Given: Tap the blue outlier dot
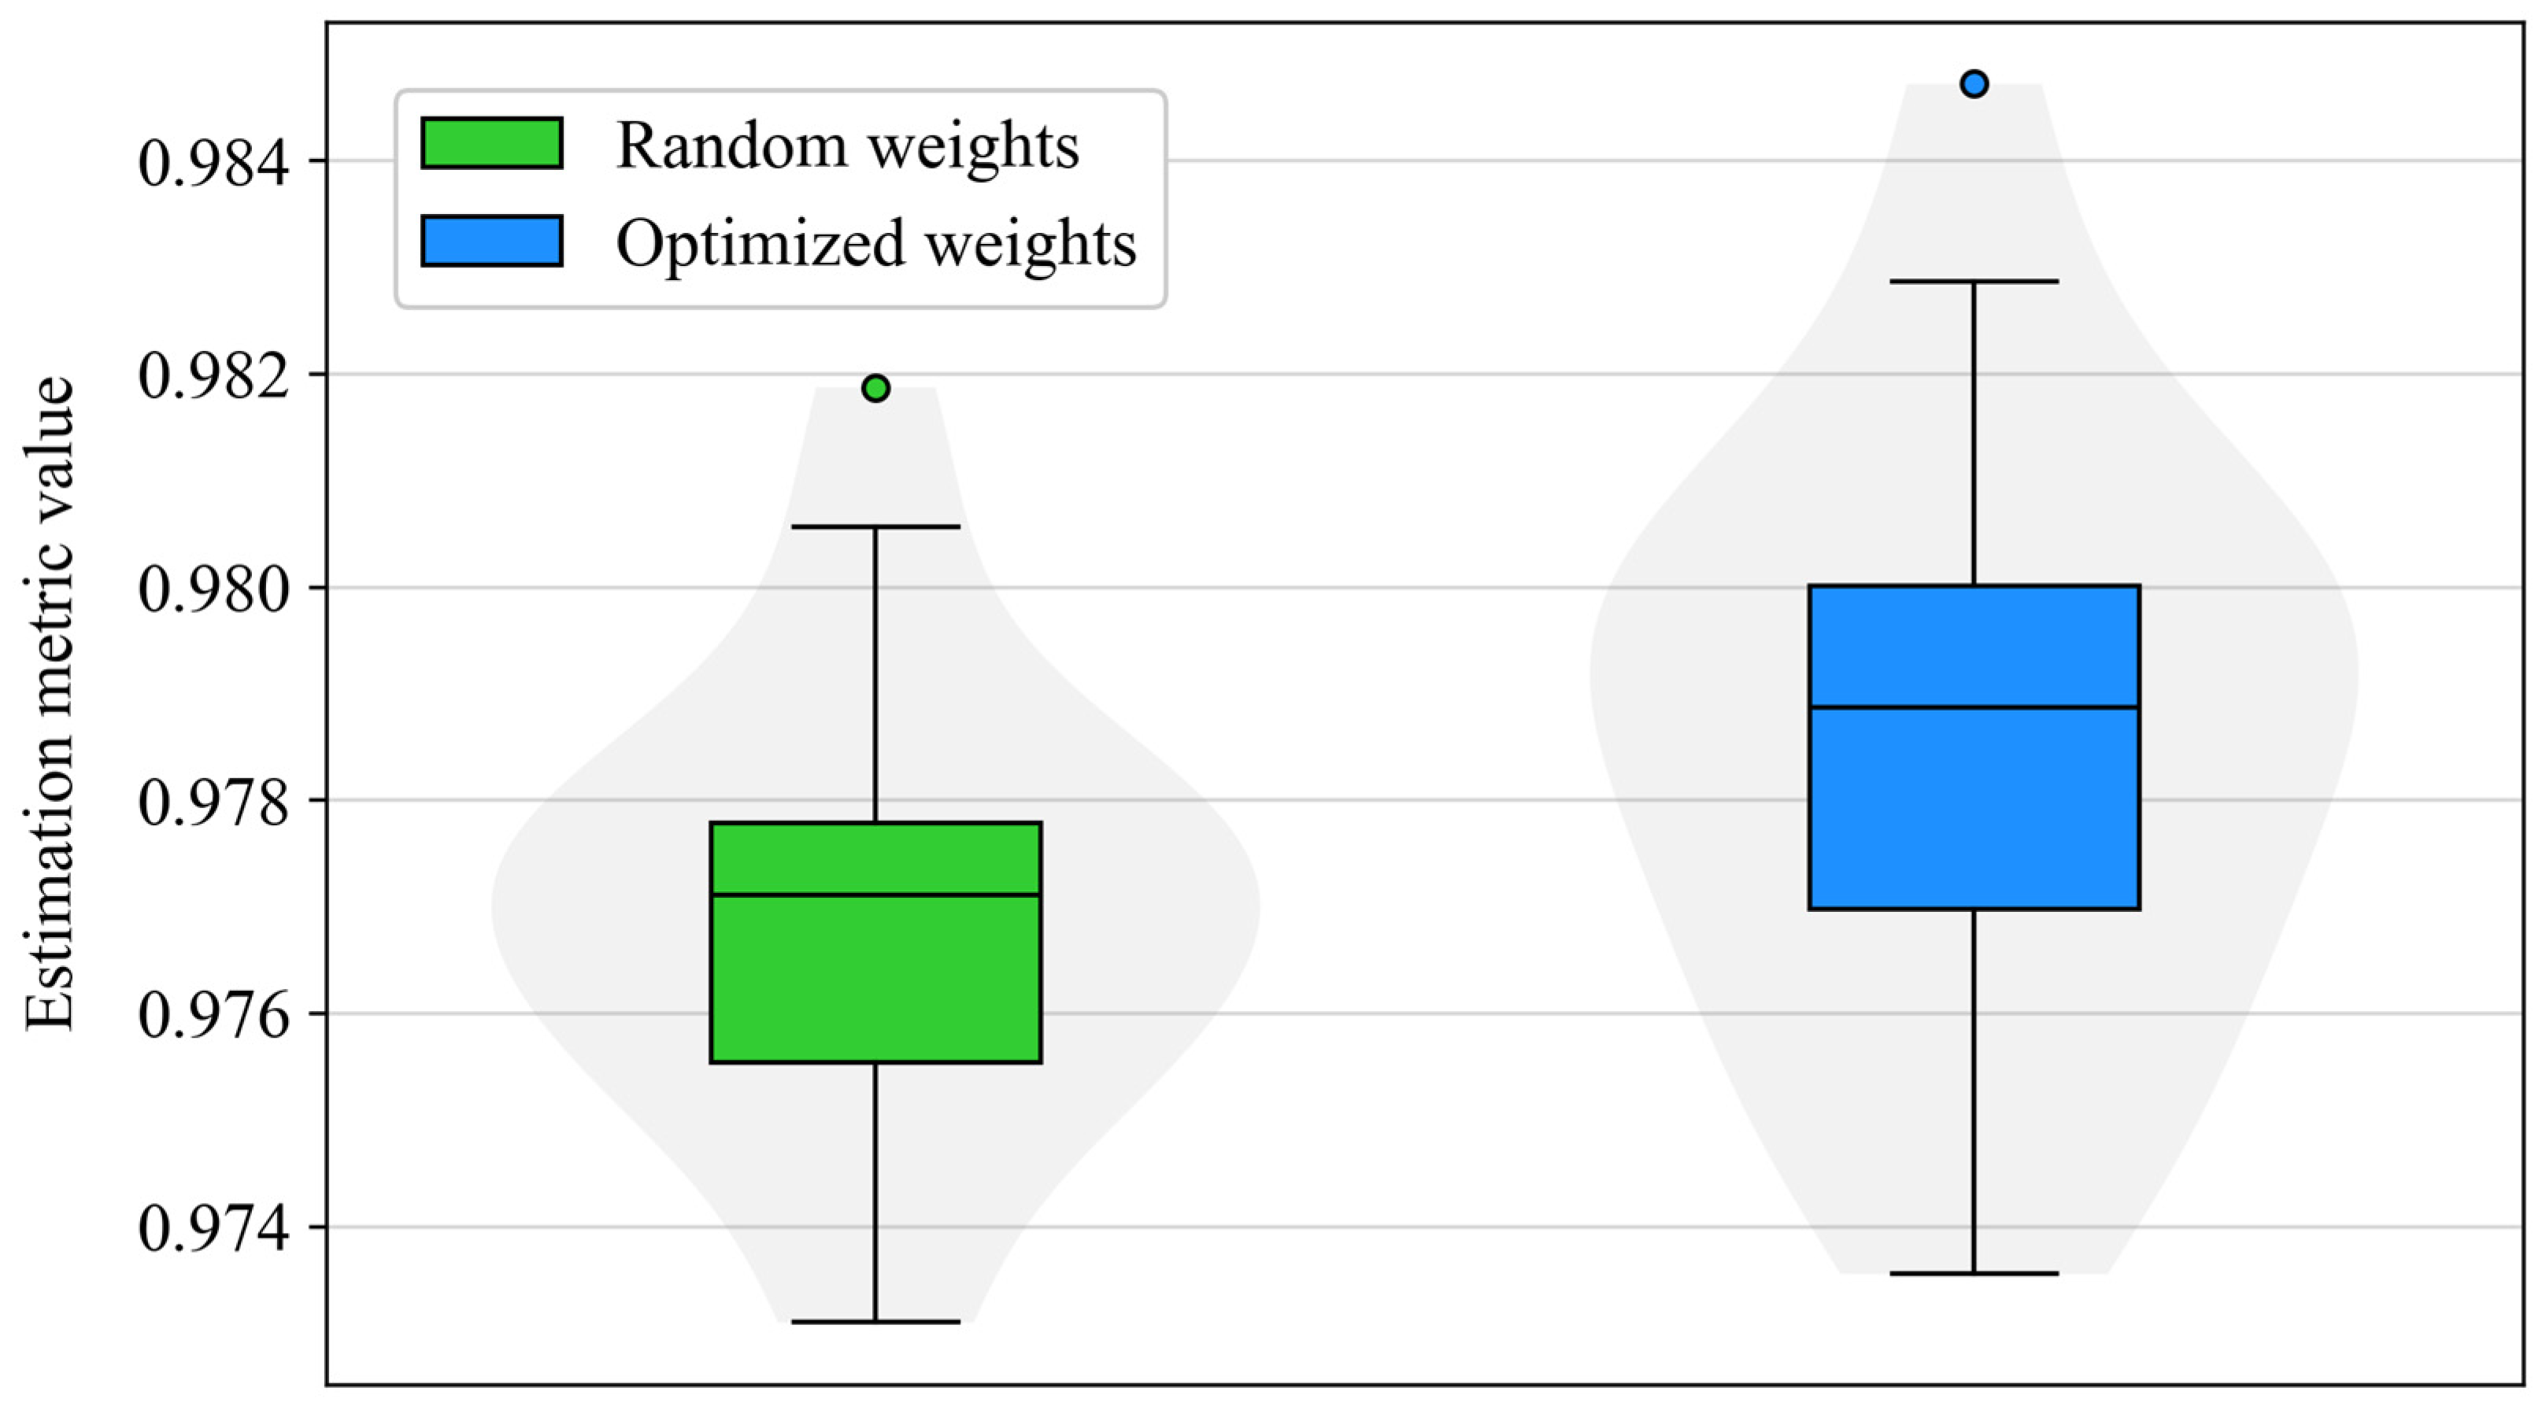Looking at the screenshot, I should (1974, 84).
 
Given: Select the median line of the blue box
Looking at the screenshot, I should (1974, 707).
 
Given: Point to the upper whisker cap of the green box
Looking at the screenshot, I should (875, 526).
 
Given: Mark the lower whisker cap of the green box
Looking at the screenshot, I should (875, 1321).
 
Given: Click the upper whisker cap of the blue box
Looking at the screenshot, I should (1974, 282).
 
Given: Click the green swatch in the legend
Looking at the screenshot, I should (491, 143).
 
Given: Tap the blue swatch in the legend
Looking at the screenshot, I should (491, 241).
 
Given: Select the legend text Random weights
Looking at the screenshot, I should (847, 146).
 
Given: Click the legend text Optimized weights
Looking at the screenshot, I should (875, 243).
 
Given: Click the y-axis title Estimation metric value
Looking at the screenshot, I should (50, 703).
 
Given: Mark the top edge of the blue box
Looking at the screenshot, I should (1974, 586).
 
